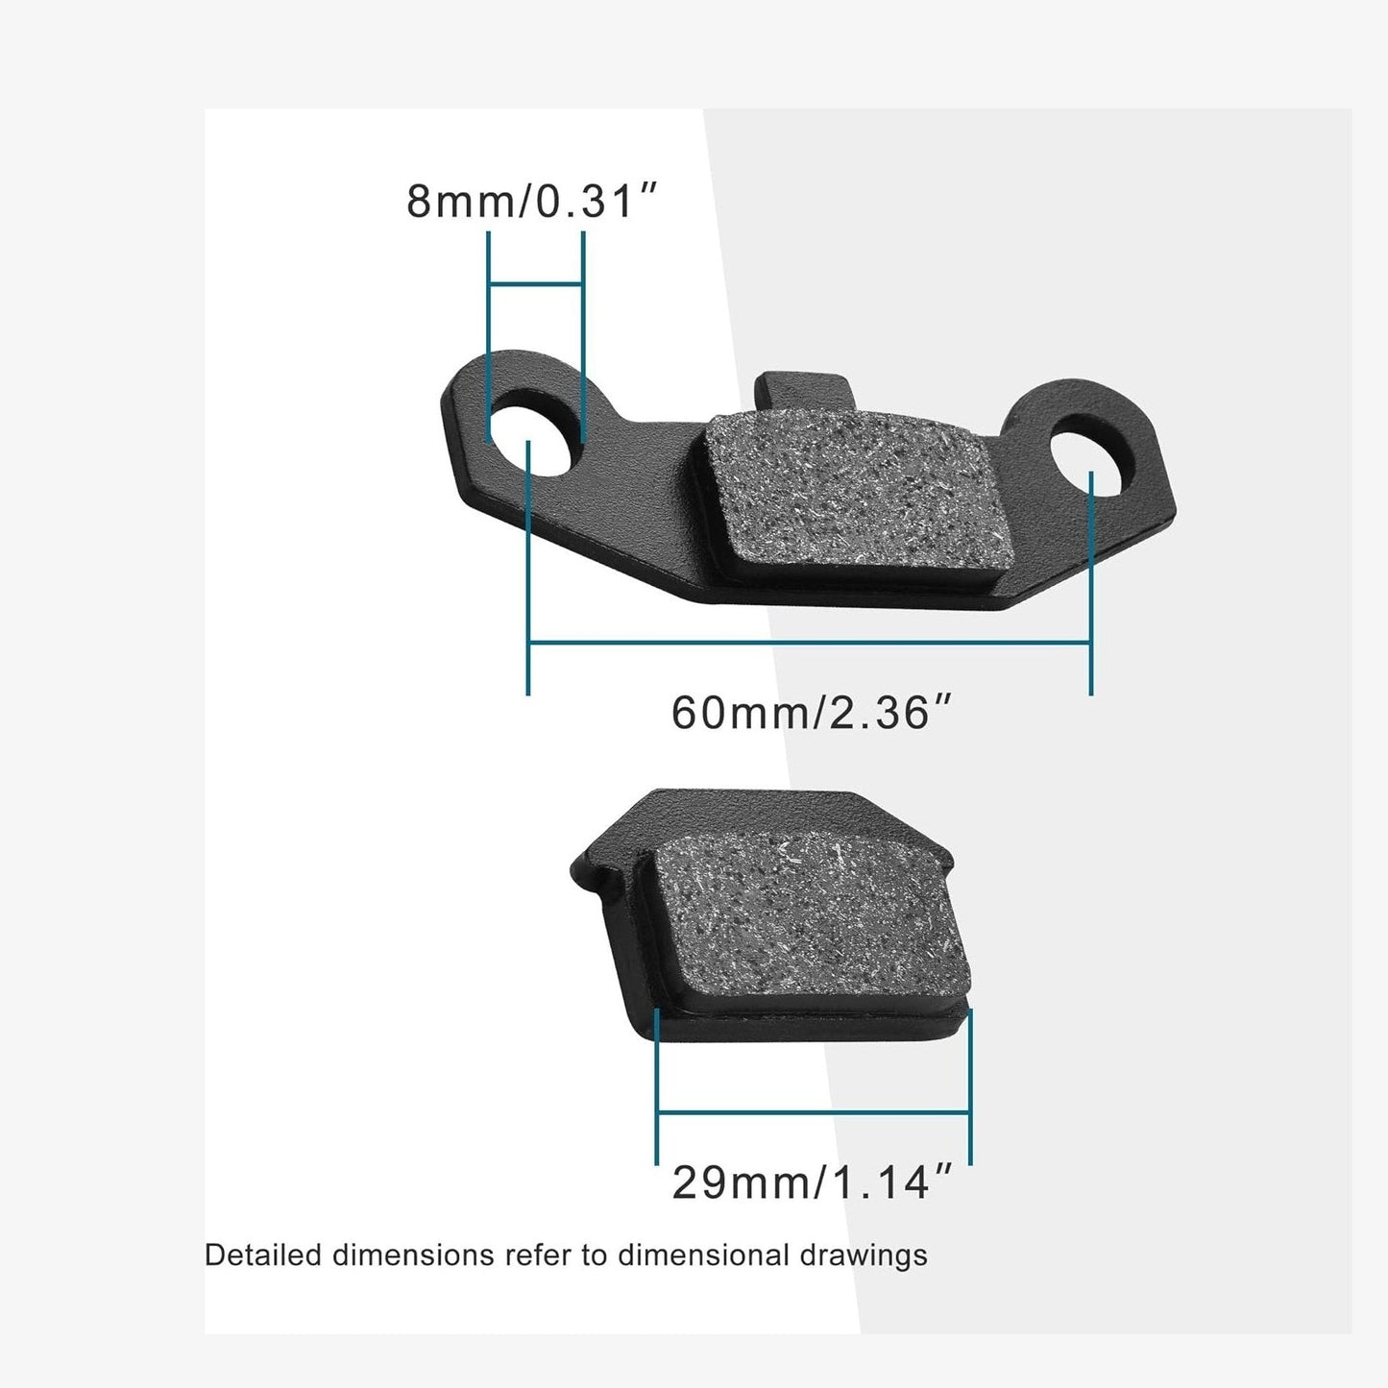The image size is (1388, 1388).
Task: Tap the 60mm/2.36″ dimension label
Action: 812,713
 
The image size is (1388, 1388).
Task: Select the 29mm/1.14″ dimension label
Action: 812,1182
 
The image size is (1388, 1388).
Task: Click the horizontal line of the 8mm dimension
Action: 536,284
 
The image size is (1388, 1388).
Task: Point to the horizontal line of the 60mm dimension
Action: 809,643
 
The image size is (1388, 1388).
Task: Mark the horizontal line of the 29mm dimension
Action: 813,1112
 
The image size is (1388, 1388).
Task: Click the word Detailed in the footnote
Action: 263,1255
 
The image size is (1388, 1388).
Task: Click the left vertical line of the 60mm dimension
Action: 528,576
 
